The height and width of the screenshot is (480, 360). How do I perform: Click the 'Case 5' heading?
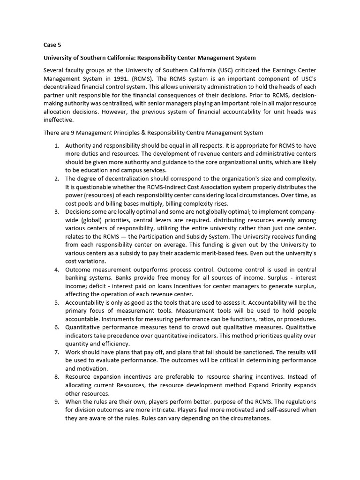point(52,45)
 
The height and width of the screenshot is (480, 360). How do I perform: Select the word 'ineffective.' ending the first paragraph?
point(56,120)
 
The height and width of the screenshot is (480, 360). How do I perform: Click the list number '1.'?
point(56,145)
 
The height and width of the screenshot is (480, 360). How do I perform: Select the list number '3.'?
point(56,212)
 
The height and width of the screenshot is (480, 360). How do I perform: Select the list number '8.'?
point(56,377)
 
